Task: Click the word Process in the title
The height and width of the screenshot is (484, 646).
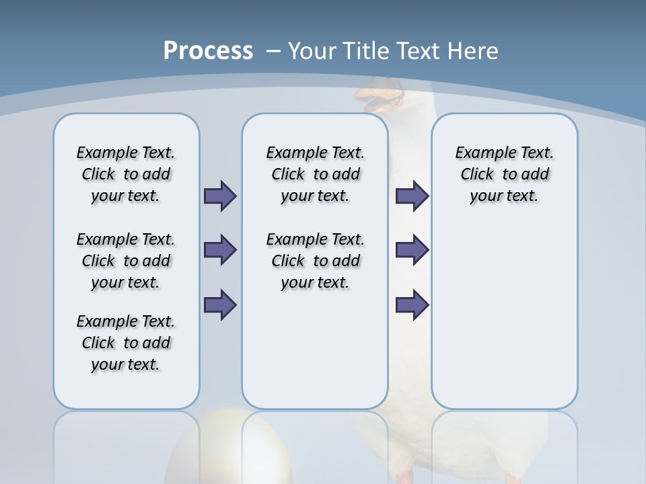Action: (x=208, y=51)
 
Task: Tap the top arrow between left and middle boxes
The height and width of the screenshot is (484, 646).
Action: (x=220, y=196)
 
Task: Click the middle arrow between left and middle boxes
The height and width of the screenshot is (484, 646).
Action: (x=220, y=250)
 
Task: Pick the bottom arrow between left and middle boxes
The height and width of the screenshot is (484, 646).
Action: (x=220, y=305)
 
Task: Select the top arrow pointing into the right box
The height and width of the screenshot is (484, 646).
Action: (x=412, y=196)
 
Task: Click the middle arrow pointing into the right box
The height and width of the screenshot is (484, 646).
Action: (x=412, y=250)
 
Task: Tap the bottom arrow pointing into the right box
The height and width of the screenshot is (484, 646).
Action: (x=412, y=305)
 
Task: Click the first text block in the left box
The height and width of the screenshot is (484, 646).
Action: (x=126, y=174)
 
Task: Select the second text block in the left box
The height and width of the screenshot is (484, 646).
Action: (x=126, y=261)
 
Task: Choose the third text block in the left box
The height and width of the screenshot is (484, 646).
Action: (x=126, y=343)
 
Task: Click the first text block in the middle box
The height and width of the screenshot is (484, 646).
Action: (x=315, y=174)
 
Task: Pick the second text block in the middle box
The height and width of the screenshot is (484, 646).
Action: (x=315, y=261)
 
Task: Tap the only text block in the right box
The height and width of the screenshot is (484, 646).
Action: (x=504, y=174)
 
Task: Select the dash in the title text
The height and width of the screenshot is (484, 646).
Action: (x=274, y=51)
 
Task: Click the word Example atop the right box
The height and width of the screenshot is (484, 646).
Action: (x=480, y=153)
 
